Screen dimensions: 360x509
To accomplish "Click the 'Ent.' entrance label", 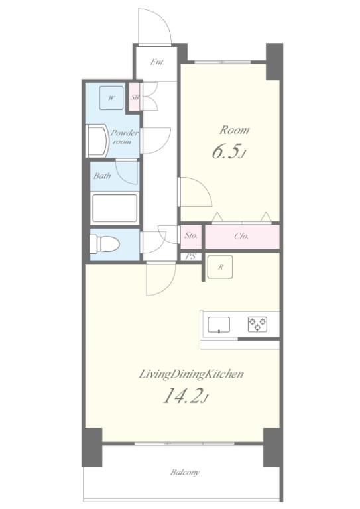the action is point(157,62).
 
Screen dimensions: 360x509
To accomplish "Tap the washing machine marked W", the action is point(111,98).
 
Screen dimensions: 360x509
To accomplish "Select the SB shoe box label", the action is point(135,97).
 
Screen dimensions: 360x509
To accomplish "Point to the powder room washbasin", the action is point(98,141).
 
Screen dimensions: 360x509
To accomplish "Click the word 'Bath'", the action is point(102,176).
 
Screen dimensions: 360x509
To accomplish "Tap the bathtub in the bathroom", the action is point(114,207).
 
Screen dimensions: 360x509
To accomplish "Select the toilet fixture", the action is point(105,244).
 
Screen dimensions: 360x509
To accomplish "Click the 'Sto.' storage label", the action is point(191,236).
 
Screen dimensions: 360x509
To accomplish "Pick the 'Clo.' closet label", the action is point(241,236).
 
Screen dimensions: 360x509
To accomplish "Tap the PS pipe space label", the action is point(191,256).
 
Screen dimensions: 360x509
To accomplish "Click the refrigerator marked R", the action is point(220,267).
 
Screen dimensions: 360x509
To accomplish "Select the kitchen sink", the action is point(219,325).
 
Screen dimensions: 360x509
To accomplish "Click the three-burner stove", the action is point(258,324).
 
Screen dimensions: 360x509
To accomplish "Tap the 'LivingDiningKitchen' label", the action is point(191,374).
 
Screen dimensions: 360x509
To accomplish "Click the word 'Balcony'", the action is point(185,472).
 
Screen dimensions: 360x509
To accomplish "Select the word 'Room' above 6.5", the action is point(235,130).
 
